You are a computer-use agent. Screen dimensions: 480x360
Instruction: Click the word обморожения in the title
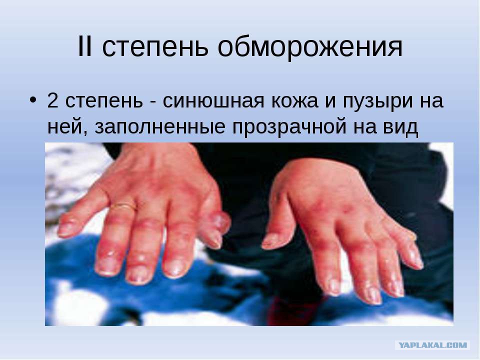pyautogui.click(x=310, y=48)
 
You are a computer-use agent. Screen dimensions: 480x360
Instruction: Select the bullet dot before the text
pyautogui.click(x=33, y=100)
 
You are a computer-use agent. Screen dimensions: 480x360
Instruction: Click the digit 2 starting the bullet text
pyautogui.click(x=52, y=100)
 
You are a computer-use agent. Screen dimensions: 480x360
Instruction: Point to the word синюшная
pyautogui.click(x=213, y=101)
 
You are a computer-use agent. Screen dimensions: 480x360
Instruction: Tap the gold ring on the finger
pyautogui.click(x=123, y=206)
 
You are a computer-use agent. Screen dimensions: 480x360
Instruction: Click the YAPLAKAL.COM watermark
pyautogui.click(x=432, y=345)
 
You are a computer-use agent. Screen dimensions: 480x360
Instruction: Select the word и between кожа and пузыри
pyautogui.click(x=330, y=102)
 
